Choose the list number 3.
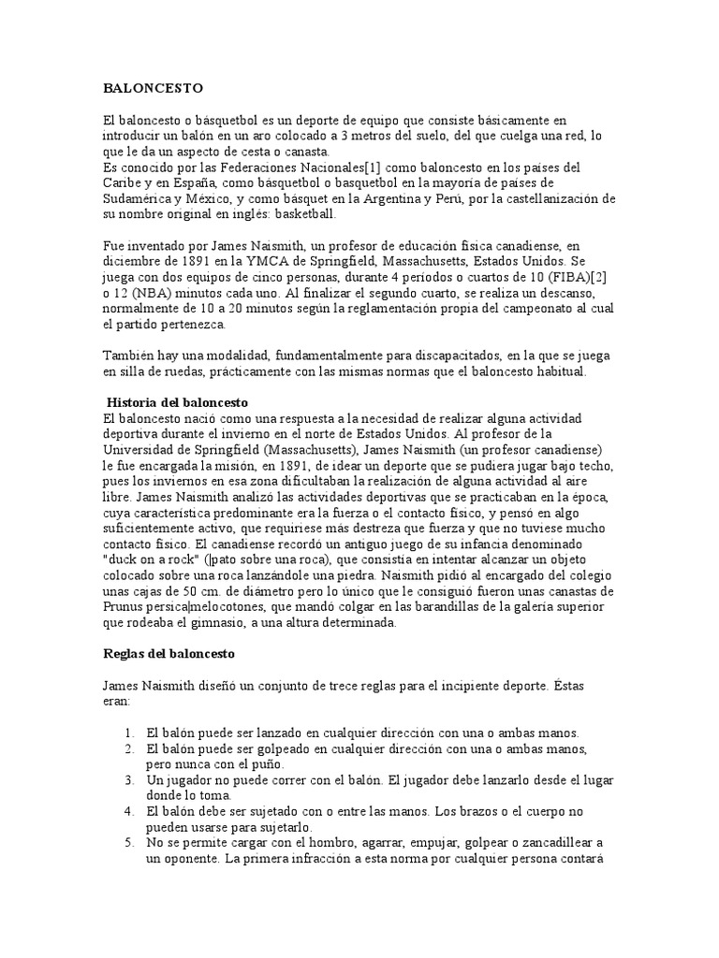(x=130, y=779)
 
